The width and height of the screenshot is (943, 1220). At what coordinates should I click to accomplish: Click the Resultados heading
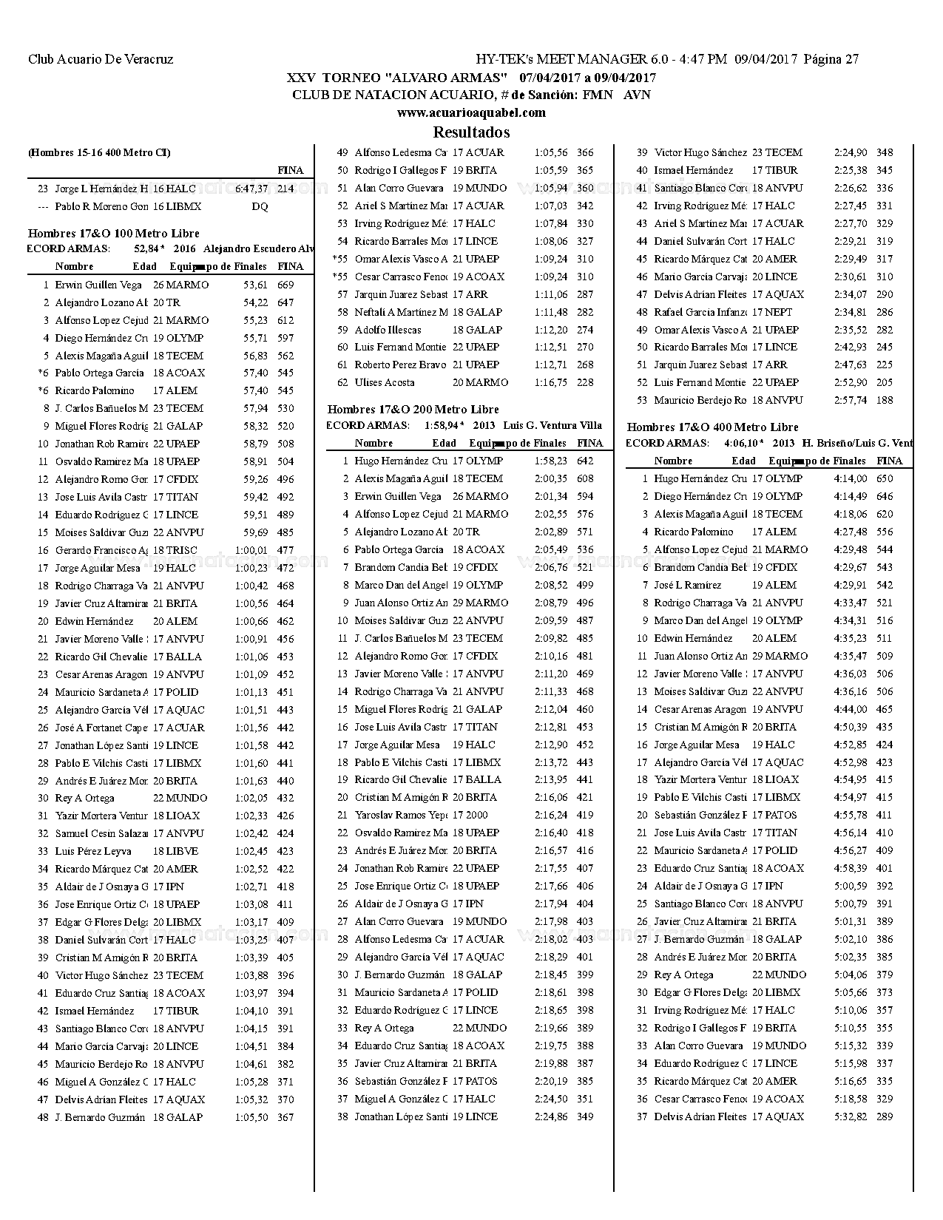pyautogui.click(x=471, y=132)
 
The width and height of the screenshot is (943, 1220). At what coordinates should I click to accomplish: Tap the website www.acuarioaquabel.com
pyautogui.click(x=471, y=112)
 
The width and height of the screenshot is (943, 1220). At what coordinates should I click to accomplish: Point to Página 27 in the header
pyautogui.click(x=831, y=59)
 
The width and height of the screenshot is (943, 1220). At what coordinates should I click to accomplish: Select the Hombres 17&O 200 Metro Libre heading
pyautogui.click(x=413, y=409)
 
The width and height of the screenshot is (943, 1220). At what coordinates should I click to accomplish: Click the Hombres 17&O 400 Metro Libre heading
pyautogui.click(x=712, y=427)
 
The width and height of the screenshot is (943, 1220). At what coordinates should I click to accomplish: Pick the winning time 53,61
pyautogui.click(x=255, y=285)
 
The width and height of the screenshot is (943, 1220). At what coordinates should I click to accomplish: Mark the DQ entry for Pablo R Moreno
pyautogui.click(x=260, y=206)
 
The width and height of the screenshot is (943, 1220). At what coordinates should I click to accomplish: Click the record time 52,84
pyautogui.click(x=149, y=248)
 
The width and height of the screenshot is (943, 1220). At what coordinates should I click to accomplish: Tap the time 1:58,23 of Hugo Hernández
pyautogui.click(x=551, y=461)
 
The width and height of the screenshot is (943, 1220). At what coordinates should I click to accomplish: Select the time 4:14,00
pyautogui.click(x=850, y=478)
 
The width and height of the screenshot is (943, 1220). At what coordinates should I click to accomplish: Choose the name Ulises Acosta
pyautogui.click(x=385, y=382)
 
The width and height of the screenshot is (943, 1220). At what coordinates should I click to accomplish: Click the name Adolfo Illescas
pyautogui.click(x=388, y=330)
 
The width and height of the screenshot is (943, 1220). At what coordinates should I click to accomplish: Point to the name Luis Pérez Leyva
pyautogui.click(x=93, y=851)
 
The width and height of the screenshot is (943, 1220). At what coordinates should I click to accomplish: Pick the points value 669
pyautogui.click(x=285, y=285)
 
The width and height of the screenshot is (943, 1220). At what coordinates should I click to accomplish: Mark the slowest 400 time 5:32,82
pyautogui.click(x=850, y=1116)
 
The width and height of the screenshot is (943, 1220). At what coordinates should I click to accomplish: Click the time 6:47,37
pyautogui.click(x=251, y=189)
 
